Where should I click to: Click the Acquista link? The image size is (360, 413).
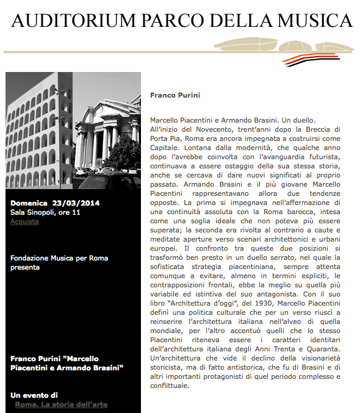[24, 221]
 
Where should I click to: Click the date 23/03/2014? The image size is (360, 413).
[76, 203]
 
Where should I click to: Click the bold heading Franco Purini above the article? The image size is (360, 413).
[175, 95]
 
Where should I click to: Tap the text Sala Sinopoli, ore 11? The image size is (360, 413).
[45, 212]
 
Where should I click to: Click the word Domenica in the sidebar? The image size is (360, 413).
[29, 203]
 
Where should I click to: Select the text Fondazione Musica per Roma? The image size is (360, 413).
[59, 258]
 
